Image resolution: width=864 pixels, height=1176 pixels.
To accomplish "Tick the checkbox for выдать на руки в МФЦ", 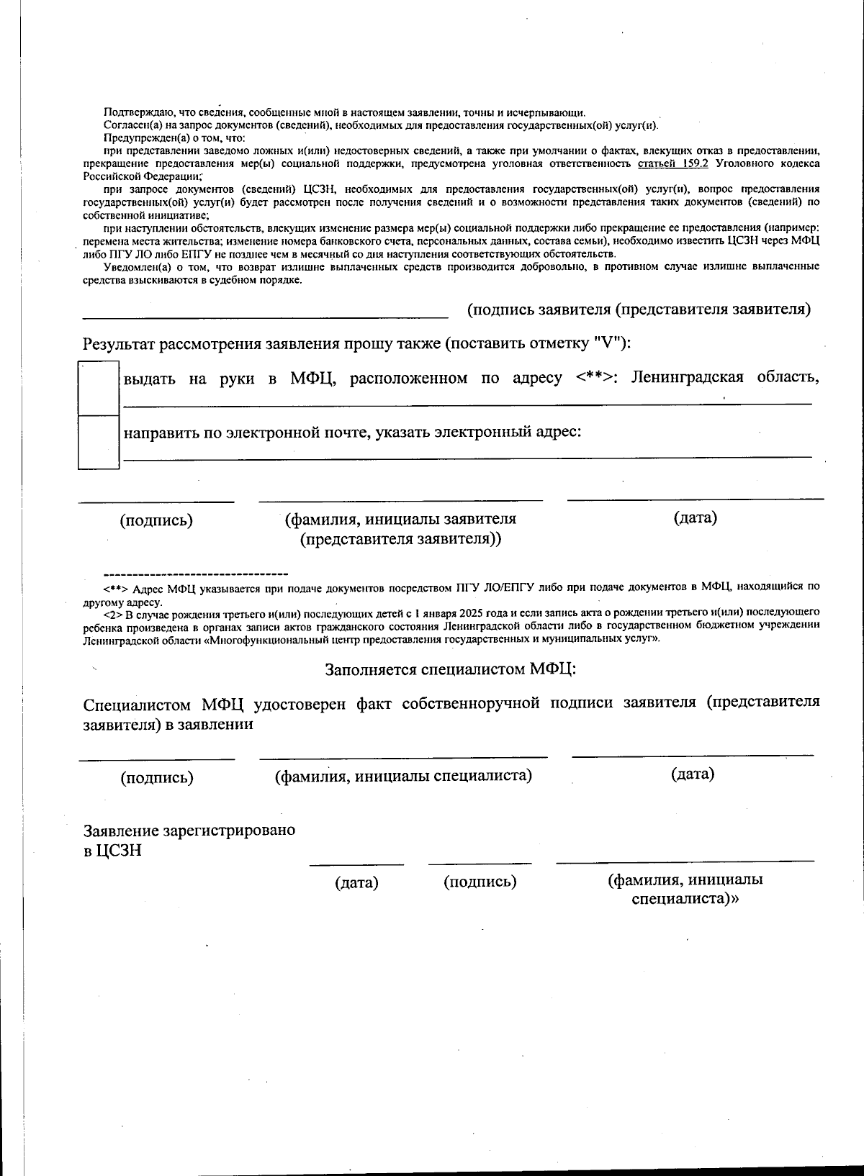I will (98, 389).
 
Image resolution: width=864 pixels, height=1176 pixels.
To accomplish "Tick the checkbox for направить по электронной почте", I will (98, 442).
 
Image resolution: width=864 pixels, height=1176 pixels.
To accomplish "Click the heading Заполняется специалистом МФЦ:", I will (451, 669).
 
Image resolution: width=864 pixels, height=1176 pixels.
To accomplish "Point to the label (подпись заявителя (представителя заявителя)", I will (639, 309).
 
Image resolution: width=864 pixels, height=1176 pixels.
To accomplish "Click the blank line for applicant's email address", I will (467, 456).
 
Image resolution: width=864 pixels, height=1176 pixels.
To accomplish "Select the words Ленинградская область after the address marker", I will (724, 378).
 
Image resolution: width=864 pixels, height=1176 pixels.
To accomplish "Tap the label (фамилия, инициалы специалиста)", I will (403, 776).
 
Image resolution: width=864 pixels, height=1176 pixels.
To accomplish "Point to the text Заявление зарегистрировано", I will (189, 830).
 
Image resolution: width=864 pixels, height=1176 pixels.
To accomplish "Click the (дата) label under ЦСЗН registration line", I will (356, 882).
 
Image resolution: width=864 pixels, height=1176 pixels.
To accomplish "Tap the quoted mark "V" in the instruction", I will (606, 343).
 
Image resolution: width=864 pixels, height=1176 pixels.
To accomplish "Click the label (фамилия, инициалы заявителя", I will (400, 519).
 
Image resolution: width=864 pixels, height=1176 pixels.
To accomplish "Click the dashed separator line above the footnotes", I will (196, 574).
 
